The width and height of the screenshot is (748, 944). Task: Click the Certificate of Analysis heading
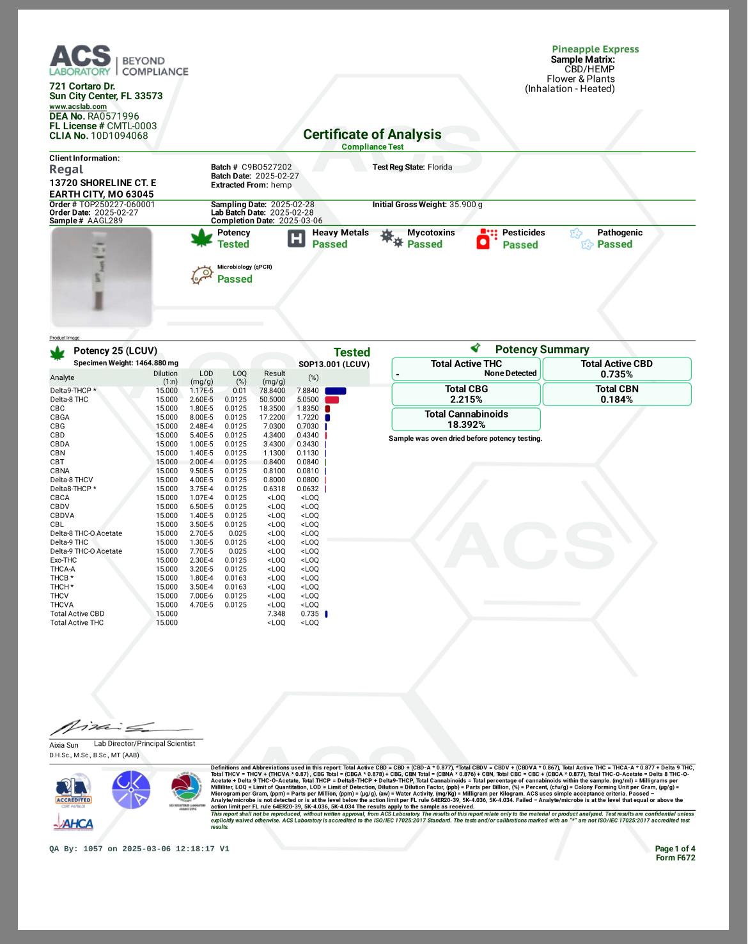pyautogui.click(x=372, y=134)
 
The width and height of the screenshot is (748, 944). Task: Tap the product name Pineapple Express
pyautogui.click(x=595, y=49)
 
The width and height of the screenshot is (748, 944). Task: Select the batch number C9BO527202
pyautogui.click(x=267, y=167)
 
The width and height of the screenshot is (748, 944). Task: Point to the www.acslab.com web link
pyautogui.click(x=78, y=107)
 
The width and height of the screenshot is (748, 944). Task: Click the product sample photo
pyautogui.click(x=102, y=276)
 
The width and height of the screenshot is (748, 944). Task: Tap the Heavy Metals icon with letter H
pyautogui.click(x=297, y=239)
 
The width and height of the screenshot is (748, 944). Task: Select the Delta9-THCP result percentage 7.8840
pyautogui.click(x=308, y=391)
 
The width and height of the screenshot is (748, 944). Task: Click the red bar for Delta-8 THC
pyautogui.click(x=332, y=400)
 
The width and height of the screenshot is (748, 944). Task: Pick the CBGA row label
pyautogui.click(x=60, y=418)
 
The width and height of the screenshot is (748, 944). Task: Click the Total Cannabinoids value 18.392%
pyautogui.click(x=466, y=425)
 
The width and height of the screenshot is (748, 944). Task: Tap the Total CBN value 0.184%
pyautogui.click(x=616, y=400)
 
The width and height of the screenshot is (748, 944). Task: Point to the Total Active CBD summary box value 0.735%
pyautogui.click(x=616, y=375)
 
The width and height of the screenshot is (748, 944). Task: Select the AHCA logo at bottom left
pyautogui.click(x=74, y=824)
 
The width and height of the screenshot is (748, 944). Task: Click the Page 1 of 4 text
pyautogui.click(x=674, y=849)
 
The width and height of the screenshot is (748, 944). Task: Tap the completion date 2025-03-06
pyautogui.click(x=300, y=221)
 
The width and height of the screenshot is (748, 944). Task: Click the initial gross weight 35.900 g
pyautogui.click(x=465, y=205)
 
